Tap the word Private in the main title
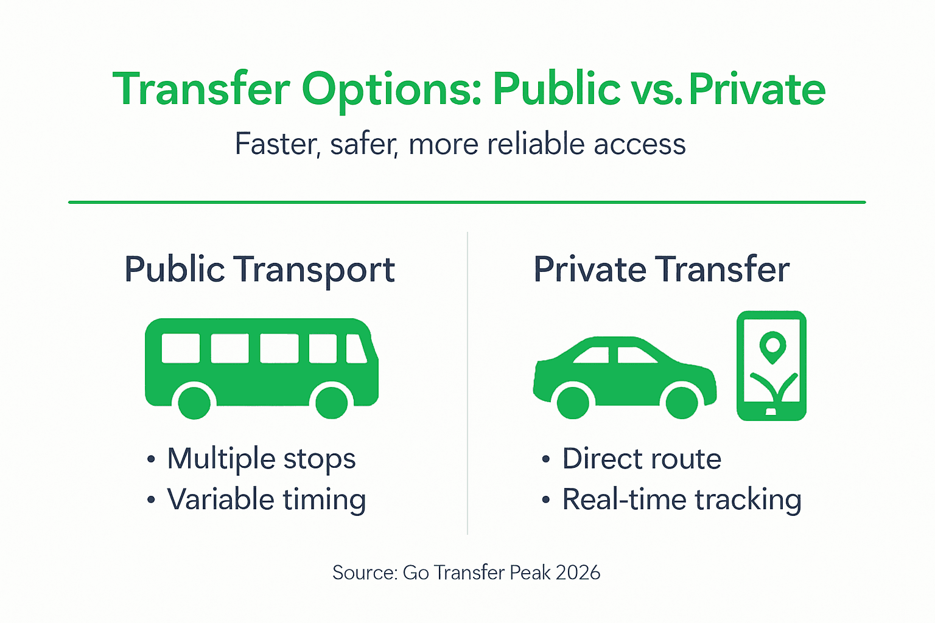click(x=757, y=90)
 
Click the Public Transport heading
click(x=260, y=270)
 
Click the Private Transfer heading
click(x=661, y=270)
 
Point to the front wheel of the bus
click(x=332, y=402)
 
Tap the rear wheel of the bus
click(x=194, y=402)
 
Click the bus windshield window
click(x=356, y=349)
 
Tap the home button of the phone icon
click(x=771, y=412)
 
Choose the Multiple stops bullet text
click(x=261, y=459)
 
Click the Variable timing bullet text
click(x=266, y=499)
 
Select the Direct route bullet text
click(x=642, y=459)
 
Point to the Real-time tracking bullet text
click(x=681, y=499)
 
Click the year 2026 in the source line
click(x=578, y=573)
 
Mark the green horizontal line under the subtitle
click(x=467, y=202)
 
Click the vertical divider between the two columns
click(x=467, y=383)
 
